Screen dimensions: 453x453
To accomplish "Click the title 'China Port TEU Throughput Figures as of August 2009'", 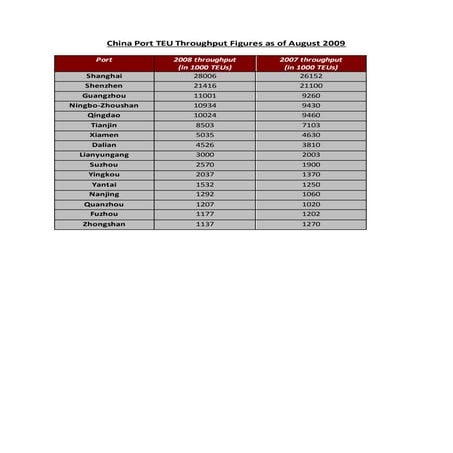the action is pyautogui.click(x=226, y=44).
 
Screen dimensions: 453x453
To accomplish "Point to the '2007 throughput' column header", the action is pyautogui.click(x=311, y=63).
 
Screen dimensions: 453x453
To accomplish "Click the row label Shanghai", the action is pyautogui.click(x=104, y=76).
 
